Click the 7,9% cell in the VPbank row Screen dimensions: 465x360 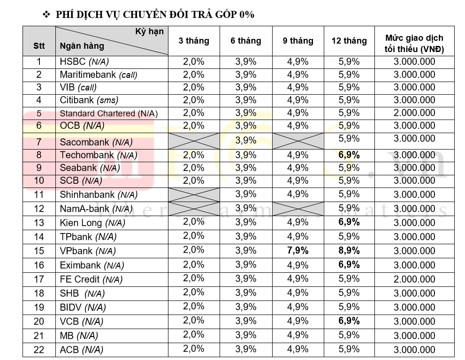coord(298,251)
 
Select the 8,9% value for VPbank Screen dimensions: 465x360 coord(349,251)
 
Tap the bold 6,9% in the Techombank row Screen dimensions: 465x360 coord(349,155)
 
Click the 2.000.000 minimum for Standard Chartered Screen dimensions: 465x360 coord(414,113)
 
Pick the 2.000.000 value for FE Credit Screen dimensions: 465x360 coord(414,279)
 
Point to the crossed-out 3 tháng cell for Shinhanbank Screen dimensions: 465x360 coord(194,195)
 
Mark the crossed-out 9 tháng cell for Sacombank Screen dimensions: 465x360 coord(298,141)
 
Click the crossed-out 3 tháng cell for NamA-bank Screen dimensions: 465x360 coord(194,209)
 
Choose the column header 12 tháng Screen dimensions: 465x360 coord(349,41)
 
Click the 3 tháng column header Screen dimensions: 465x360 coord(194,41)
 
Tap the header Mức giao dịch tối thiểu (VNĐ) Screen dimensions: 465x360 coord(414,43)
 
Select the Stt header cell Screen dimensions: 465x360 coord(39,45)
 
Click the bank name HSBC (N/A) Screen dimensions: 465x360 coord(84,61)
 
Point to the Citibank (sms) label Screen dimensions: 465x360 coord(89,100)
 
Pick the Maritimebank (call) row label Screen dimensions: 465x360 coord(99,75)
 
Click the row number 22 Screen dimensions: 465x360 coord(39,350)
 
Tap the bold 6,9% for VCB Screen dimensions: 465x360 coord(349,321)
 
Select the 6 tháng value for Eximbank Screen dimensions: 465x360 coord(246,264)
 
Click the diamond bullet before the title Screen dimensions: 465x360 coord(46,14)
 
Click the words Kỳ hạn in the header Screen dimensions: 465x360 coord(150,32)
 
